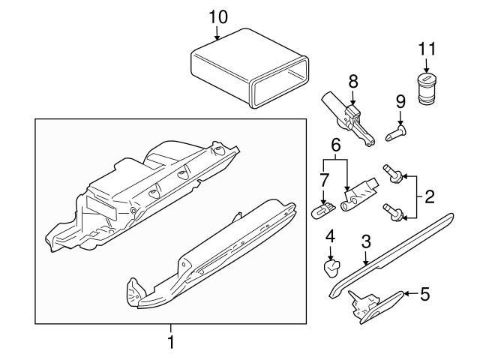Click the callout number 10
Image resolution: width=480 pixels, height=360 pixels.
217,16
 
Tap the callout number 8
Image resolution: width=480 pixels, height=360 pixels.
352,80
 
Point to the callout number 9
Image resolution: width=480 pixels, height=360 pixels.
400,101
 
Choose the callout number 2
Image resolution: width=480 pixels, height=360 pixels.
430,198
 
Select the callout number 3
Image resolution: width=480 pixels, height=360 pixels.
366,242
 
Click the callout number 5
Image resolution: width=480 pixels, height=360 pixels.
424,294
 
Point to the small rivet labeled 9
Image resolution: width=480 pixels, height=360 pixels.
397,133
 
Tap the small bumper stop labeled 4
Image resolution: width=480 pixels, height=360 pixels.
330,268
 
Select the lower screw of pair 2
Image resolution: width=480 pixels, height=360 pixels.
391,212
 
